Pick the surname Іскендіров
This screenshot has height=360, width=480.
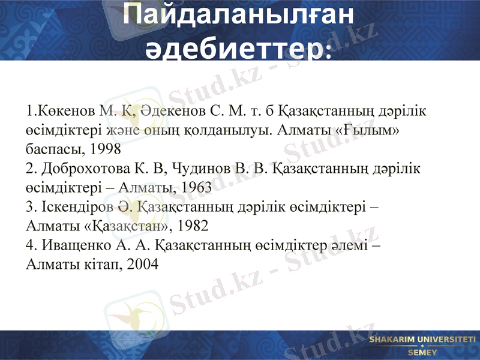(78, 207)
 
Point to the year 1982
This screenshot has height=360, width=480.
(191, 226)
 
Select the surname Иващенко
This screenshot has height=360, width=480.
(75, 245)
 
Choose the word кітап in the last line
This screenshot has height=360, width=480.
(98, 265)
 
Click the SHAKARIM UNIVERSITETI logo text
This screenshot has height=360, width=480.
(422, 340)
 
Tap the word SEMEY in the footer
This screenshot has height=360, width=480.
(422, 352)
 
